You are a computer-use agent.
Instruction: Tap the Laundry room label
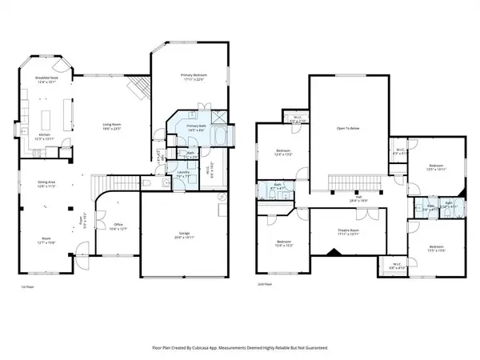coord(183,172)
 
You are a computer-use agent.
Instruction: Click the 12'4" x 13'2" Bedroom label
coord(284,152)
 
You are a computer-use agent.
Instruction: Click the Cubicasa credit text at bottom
coord(240,348)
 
